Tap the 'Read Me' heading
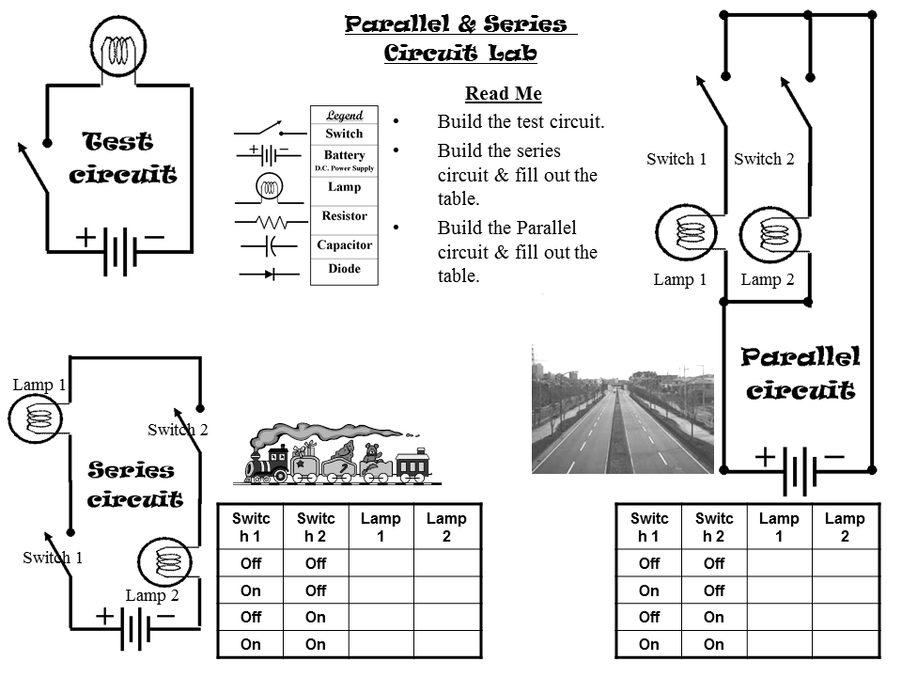503,94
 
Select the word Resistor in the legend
344,216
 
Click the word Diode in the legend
344,269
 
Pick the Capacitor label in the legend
344,245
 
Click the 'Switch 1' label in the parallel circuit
676,159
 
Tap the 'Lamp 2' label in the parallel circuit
767,279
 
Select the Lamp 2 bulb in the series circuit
165,562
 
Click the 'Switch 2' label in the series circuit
178,430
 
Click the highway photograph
620,407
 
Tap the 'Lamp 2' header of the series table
446,527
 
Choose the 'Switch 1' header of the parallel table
648,527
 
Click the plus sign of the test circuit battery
86,237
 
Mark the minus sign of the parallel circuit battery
834,457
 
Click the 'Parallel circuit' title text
801,373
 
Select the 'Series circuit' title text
134,484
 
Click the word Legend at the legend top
344,116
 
